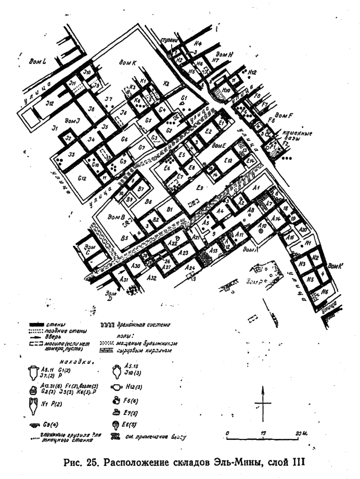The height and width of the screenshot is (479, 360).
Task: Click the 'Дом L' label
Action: tap(38, 61)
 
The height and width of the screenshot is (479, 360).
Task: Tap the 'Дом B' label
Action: tap(115, 216)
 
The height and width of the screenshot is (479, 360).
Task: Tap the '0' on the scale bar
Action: tap(227, 433)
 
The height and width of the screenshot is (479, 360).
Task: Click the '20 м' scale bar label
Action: tap(300, 433)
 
